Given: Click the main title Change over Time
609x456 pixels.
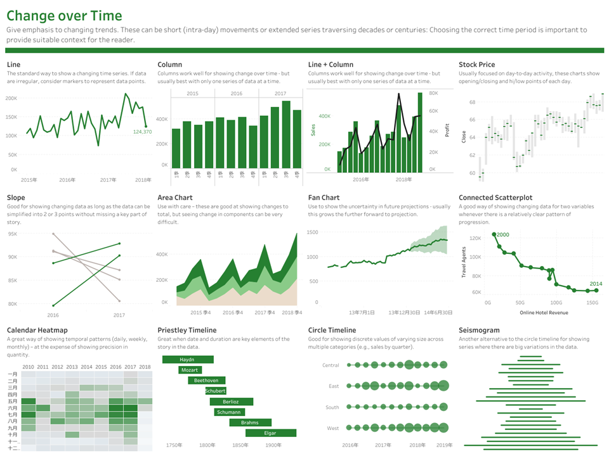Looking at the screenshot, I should (x=64, y=16).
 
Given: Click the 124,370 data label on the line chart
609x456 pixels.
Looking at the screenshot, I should (x=142, y=132).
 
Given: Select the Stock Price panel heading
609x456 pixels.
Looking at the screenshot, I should (x=476, y=65).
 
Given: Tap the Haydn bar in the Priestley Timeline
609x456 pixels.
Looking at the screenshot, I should (x=187, y=360).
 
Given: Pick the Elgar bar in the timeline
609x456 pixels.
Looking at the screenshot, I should (x=270, y=433).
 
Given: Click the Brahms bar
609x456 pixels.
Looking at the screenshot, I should (x=251, y=422).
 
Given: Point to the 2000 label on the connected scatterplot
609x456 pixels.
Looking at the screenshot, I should (x=502, y=235).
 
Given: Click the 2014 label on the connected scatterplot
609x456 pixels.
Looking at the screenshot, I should (x=596, y=284).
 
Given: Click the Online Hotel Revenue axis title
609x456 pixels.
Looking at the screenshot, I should (x=544, y=312).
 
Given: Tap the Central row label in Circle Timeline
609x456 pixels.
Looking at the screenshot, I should (x=331, y=365).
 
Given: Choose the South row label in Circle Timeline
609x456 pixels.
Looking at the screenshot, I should (x=332, y=407).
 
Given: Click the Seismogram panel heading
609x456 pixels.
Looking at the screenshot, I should (x=479, y=330).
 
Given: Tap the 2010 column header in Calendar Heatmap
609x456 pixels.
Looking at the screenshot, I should (x=28, y=367).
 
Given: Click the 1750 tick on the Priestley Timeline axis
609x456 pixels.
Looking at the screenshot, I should (x=174, y=445).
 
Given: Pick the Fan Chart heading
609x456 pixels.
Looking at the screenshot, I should (x=324, y=198).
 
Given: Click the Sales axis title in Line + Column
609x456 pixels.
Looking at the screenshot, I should (x=313, y=130).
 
